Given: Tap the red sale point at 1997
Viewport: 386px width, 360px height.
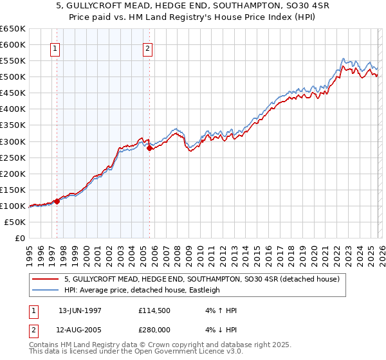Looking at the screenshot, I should click(x=57, y=201).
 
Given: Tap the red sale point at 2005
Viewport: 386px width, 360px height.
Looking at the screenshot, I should click(x=149, y=148).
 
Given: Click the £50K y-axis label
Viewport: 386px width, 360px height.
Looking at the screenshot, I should click(x=15, y=222).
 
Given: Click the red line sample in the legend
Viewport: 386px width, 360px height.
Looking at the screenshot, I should click(x=45, y=279).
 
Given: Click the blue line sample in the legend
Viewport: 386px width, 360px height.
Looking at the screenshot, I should click(x=45, y=290).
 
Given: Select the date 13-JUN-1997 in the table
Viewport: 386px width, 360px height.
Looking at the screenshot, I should click(x=80, y=310).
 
